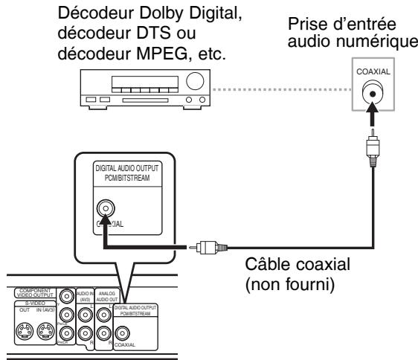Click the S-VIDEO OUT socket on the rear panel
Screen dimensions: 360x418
point(25,330)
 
